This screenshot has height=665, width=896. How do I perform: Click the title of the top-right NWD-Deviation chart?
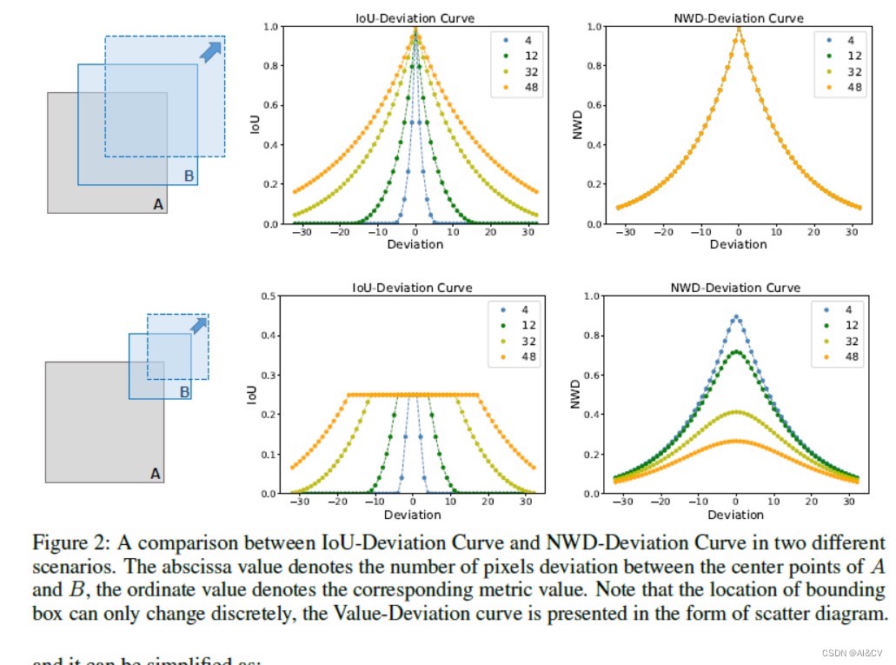pos(739,18)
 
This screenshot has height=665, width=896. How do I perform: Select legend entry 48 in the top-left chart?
pos(524,87)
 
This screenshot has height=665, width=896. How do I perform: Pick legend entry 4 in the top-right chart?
pos(847,40)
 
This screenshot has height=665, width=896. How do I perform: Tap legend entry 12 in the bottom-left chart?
pos(524,325)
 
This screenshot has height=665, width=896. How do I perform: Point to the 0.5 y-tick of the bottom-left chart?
pos(272,296)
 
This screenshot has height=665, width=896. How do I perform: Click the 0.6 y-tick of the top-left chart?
pos(272,105)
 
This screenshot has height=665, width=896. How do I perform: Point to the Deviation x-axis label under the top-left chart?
pos(415,244)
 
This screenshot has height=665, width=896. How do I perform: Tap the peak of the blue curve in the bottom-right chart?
pos(736,317)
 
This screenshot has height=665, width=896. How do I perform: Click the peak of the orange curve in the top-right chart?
pos(739,29)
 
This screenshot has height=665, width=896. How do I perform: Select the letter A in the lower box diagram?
pos(156,474)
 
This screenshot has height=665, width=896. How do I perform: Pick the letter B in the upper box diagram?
pos(189,176)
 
